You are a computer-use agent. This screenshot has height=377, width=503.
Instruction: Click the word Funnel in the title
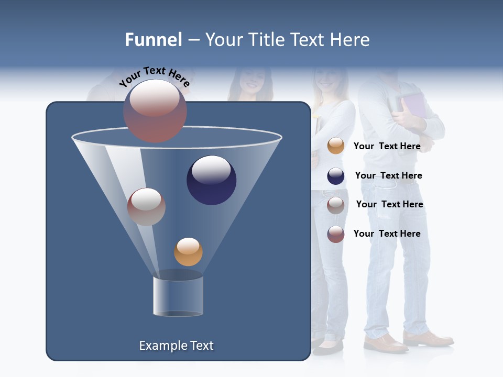click(153, 40)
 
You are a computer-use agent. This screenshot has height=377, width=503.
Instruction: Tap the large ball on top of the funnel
click(155, 111)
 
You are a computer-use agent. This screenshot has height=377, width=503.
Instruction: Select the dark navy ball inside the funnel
click(212, 180)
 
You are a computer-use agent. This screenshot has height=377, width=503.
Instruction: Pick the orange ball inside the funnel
click(188, 252)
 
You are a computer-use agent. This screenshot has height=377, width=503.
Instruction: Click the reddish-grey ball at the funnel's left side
click(146, 207)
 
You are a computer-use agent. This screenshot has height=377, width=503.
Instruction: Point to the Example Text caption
click(176, 346)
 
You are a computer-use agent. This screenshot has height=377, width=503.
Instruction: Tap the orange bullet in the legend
click(336, 146)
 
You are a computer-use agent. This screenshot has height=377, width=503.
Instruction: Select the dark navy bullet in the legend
click(336, 176)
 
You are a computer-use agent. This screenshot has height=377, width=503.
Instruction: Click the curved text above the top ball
click(155, 76)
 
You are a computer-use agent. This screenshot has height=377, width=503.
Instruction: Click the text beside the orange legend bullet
click(387, 146)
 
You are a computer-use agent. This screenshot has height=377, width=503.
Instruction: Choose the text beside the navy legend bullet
click(388, 175)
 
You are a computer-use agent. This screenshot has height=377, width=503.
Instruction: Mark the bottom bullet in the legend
click(336, 234)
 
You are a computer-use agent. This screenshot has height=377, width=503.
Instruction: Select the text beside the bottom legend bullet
click(387, 234)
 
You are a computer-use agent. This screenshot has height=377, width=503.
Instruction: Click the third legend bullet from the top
click(336, 205)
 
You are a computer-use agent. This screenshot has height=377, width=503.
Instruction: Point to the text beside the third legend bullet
click(389, 204)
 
